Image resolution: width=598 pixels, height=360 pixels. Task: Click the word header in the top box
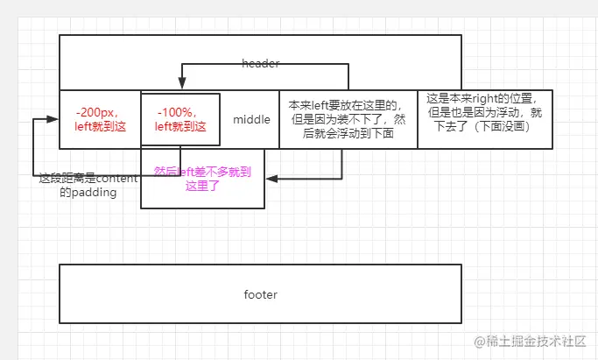click(260, 65)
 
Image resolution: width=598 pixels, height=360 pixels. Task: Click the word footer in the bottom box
click(260, 294)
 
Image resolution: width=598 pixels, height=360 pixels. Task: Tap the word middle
click(251, 119)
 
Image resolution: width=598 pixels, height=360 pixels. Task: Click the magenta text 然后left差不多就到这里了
click(202, 179)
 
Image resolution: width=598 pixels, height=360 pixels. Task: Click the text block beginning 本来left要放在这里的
click(347, 119)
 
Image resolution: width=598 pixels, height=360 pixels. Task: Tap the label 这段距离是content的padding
click(88, 185)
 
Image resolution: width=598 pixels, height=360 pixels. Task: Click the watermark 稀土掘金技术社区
click(531, 341)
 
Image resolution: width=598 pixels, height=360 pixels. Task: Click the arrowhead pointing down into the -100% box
click(181, 86)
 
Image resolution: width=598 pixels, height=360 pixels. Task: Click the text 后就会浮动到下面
click(347, 134)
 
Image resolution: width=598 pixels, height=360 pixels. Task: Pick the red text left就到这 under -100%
click(181, 126)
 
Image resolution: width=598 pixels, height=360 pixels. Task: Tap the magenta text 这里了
click(202, 186)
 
